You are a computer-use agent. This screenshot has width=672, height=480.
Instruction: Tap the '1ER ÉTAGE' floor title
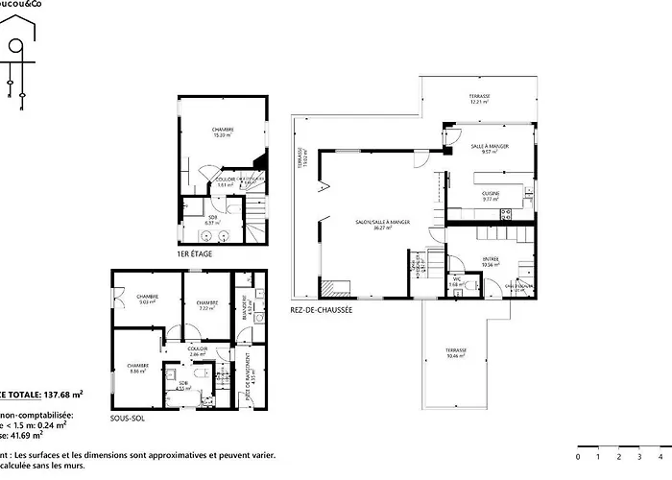(x=195, y=254)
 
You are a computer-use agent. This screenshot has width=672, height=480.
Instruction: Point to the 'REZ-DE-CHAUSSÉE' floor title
(x=321, y=309)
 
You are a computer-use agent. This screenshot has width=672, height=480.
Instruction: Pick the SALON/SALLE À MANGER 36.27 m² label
(x=382, y=225)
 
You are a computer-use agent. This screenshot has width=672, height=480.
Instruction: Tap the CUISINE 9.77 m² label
(x=490, y=196)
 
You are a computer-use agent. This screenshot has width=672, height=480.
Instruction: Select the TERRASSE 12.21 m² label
(x=479, y=99)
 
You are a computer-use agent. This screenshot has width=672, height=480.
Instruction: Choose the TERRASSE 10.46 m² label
(x=455, y=352)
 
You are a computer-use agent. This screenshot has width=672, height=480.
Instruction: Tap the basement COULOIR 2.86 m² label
(x=198, y=351)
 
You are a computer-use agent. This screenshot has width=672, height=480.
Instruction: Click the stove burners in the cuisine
(x=523, y=198)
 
